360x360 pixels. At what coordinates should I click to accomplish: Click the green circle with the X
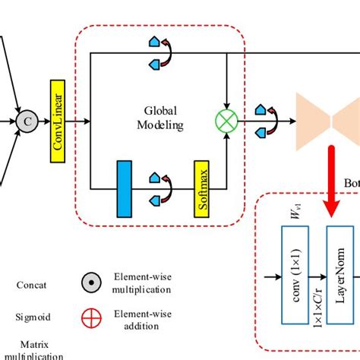[227, 119]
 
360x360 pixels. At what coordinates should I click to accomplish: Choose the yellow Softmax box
[201, 188]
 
